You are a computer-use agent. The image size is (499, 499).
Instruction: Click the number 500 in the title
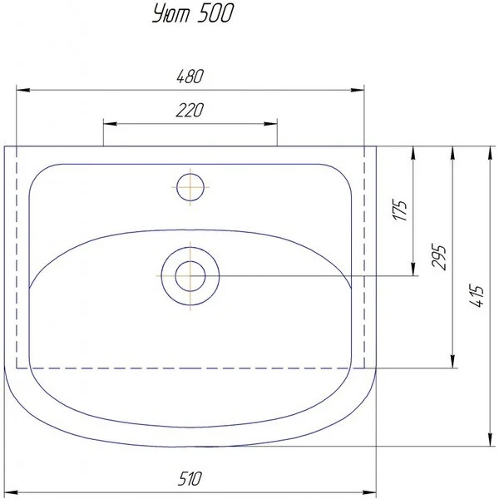point(215,14)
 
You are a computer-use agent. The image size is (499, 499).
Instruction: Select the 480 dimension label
point(190,77)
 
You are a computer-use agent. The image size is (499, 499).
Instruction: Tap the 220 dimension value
point(190,110)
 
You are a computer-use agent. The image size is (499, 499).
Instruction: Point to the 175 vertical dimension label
point(400,210)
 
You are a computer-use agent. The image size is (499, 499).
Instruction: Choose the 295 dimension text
point(438,258)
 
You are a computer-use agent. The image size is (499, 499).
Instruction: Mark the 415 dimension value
point(477,296)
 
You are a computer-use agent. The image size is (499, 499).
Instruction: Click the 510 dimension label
point(190,479)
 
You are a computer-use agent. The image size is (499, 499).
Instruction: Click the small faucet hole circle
point(190,187)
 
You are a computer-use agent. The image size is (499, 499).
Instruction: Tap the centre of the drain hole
point(190,276)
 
